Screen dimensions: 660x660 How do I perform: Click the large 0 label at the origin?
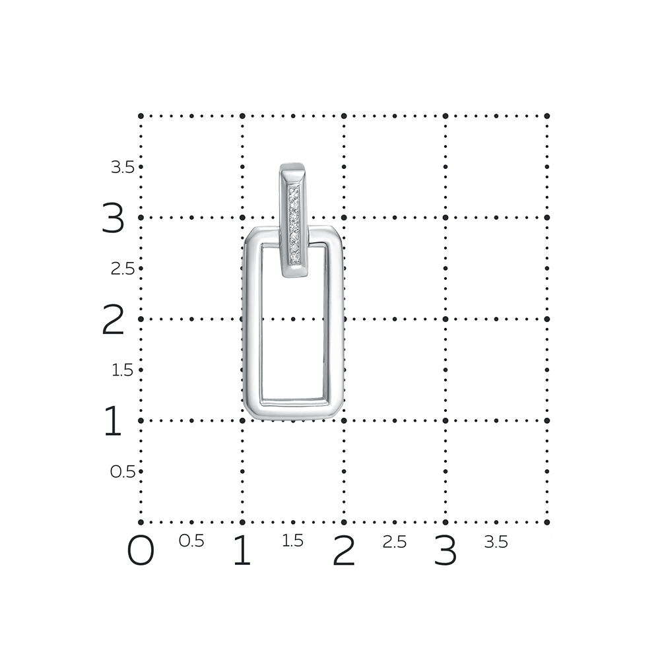click(141, 550)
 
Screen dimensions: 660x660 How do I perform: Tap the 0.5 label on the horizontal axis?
click(191, 541)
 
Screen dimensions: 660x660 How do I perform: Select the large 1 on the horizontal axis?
click(242, 550)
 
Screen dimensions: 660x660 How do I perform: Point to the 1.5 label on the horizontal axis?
click(292, 541)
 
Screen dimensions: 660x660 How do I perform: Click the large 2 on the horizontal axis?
click(344, 550)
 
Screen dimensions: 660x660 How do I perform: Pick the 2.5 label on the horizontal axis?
click(395, 542)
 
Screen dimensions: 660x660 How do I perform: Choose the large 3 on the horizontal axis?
click(445, 550)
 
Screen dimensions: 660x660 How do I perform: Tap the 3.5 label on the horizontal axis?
click(496, 542)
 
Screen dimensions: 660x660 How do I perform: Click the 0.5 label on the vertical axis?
click(123, 472)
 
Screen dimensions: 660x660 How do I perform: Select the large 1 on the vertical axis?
click(113, 420)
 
